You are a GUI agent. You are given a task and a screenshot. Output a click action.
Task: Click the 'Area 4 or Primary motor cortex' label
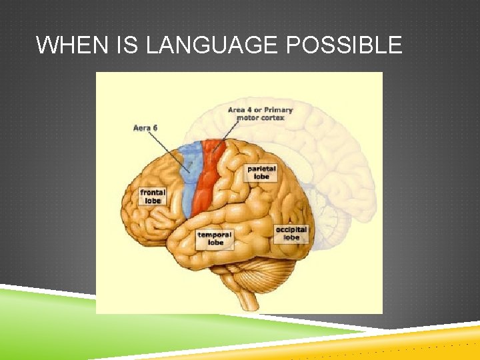(x=260, y=113)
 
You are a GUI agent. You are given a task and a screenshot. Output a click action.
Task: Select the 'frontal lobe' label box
(x=152, y=196)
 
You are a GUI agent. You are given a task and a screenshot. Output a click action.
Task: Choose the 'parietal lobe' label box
(x=261, y=173)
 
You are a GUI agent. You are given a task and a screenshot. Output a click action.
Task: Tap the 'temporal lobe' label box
(x=215, y=239)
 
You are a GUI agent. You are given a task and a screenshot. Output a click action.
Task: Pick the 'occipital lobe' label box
(x=291, y=233)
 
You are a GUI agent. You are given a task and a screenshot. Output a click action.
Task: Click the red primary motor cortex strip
(x=208, y=180)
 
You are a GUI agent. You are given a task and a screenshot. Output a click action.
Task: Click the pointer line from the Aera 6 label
(x=170, y=150)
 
